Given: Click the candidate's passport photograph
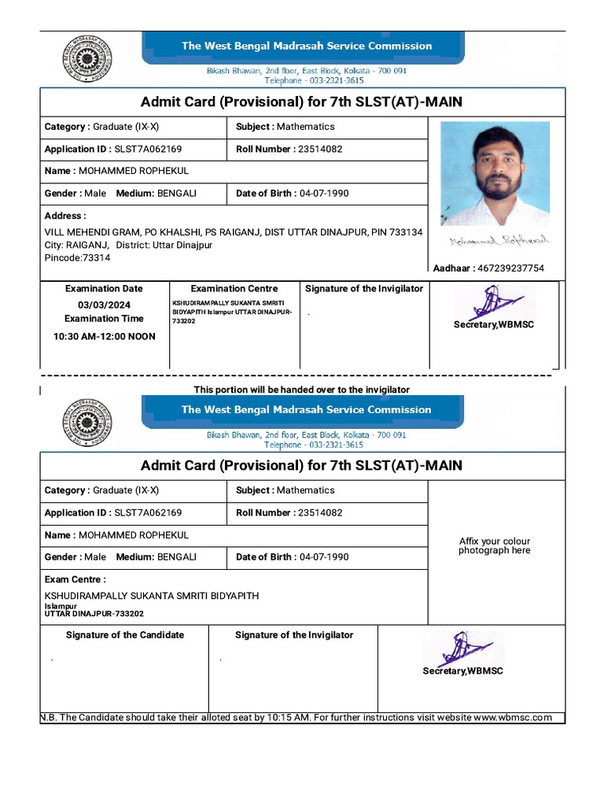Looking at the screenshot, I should tap(495, 173).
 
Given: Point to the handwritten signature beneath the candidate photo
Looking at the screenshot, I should tap(500, 241).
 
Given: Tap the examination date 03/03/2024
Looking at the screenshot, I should tap(104, 305).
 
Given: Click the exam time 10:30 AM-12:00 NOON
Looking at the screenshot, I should tap(104, 336).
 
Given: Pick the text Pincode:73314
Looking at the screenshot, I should tap(78, 257).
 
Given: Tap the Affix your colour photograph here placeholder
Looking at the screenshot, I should tap(495, 545).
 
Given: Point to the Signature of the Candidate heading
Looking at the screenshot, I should tap(125, 635).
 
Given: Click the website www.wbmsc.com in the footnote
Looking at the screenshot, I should tap(513, 717).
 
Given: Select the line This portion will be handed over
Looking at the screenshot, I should tap(302, 390).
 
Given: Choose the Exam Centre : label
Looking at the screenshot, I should tap(75, 579).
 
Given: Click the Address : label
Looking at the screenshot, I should tap(65, 216).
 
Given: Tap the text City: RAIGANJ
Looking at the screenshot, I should tap(76, 245).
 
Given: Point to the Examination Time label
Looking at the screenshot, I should tap(104, 319).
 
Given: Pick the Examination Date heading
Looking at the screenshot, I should tap(104, 289).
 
